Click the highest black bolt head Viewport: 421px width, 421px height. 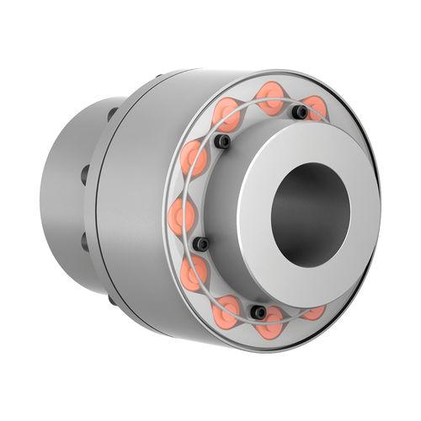(299, 111)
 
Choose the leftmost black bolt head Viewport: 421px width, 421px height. (201, 244)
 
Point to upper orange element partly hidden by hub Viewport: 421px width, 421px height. (315, 107)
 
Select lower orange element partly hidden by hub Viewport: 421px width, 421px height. (313, 312)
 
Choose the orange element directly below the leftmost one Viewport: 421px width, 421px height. (193, 271)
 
